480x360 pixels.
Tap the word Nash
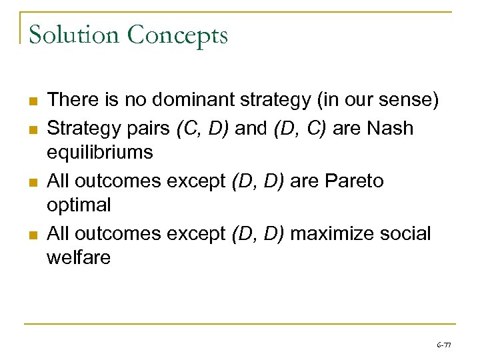coord(389,127)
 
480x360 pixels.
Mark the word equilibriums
coord(99,152)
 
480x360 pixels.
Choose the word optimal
coord(79,205)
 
